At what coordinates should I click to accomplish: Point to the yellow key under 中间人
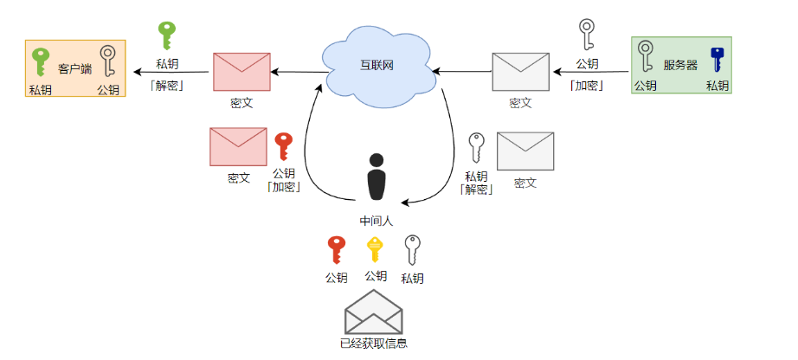click(374, 250)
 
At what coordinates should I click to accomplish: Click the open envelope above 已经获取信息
click(374, 312)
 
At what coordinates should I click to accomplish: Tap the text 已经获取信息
click(374, 344)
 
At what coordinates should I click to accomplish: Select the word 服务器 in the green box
click(680, 65)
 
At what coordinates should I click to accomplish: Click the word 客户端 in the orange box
click(75, 67)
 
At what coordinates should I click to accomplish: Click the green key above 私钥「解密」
click(167, 37)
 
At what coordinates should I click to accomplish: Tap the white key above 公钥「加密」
click(587, 35)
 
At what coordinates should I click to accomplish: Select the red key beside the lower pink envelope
click(283, 148)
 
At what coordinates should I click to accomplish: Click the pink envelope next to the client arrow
click(242, 72)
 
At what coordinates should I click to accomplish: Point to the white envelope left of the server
click(520, 72)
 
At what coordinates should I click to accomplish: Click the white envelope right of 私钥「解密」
click(524, 151)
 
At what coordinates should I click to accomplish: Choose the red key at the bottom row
click(336, 251)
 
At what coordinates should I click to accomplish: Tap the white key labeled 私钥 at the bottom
click(413, 251)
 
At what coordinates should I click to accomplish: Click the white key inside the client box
click(108, 63)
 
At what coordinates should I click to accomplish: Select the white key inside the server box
click(646, 59)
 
